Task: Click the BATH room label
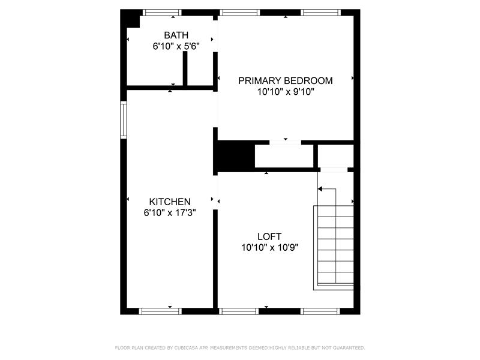[x=176, y=35]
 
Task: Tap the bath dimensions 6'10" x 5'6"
[x=176, y=46]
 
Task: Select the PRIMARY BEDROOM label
[x=286, y=80]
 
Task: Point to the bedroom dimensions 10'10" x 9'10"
[x=286, y=92]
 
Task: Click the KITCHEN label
[x=170, y=202]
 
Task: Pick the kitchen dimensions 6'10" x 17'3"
[x=170, y=212]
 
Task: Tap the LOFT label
[x=269, y=236]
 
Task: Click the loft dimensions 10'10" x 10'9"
[x=269, y=247]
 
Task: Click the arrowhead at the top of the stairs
[x=320, y=189]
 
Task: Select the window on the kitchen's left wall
[x=124, y=119]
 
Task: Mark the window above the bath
[x=162, y=13]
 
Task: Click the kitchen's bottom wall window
[x=160, y=311]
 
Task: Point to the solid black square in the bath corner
[x=130, y=19]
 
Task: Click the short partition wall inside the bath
[x=185, y=68]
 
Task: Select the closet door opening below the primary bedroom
[x=286, y=142]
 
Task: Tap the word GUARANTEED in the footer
[x=349, y=348]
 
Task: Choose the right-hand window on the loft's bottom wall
[x=320, y=311]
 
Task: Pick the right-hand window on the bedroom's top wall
[x=320, y=13]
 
